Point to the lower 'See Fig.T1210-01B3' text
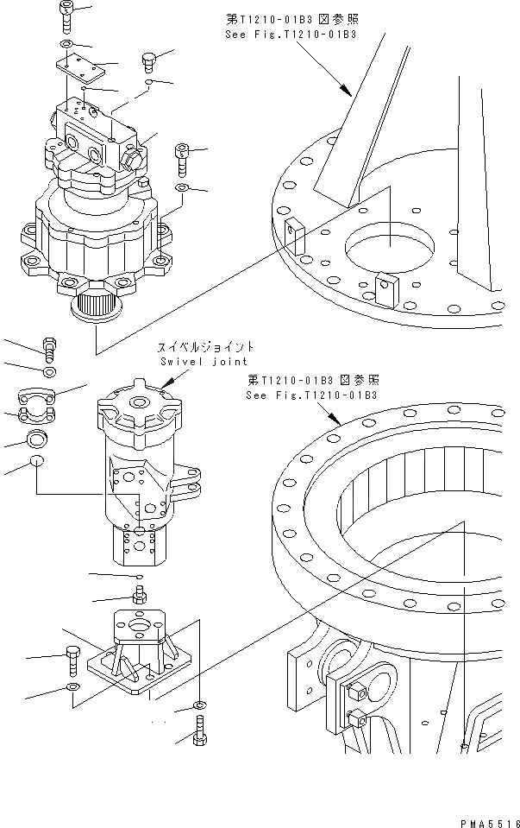pyautogui.click(x=310, y=395)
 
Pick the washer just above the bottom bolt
pyautogui.click(x=198, y=706)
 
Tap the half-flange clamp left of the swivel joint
pyautogui.click(x=37, y=399)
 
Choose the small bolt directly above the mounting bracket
pyautogui.click(x=138, y=594)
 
